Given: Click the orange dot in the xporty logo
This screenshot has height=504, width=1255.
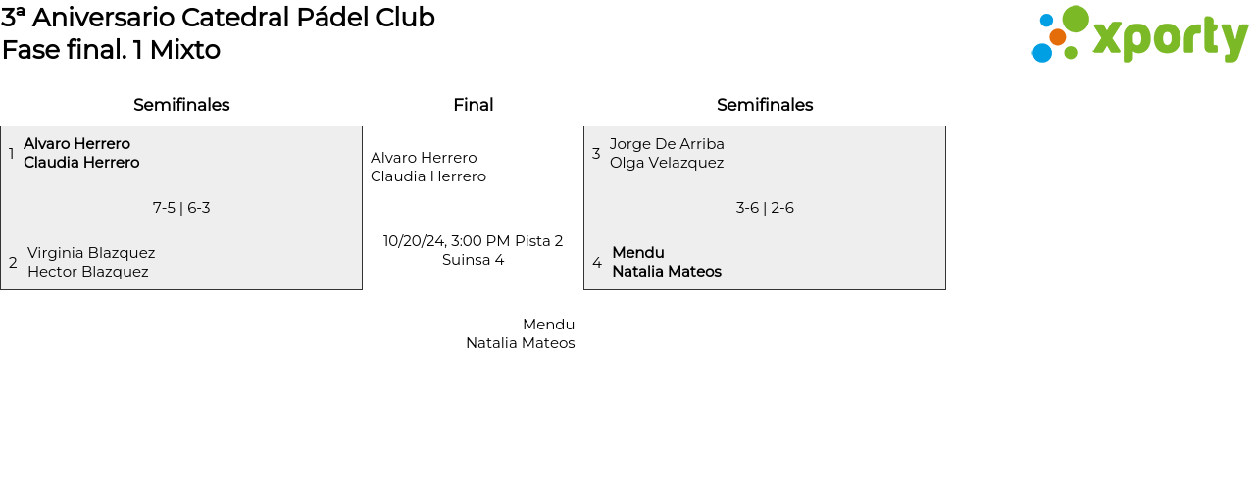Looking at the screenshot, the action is click(x=1057, y=37).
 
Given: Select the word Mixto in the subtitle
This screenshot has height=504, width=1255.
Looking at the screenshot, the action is click(x=184, y=50).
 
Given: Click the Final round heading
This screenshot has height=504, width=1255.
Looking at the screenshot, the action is click(x=473, y=105).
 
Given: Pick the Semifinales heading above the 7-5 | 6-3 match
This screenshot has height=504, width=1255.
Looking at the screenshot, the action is click(x=181, y=105).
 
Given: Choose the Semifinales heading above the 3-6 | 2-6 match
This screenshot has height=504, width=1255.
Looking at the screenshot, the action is click(x=765, y=105).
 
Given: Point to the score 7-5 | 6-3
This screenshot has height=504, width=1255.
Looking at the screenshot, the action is click(x=181, y=208).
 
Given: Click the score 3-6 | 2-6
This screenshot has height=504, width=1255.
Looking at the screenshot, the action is click(x=765, y=208).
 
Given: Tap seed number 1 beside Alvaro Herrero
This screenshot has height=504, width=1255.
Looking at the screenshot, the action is click(x=11, y=153).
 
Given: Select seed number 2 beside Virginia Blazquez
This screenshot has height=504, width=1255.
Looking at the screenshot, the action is click(x=13, y=262).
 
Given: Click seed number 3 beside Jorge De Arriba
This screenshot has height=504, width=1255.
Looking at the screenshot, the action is click(x=596, y=153).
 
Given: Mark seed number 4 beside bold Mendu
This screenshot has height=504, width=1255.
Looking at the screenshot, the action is click(x=597, y=262).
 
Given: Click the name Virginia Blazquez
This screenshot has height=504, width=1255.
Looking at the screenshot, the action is click(x=91, y=253).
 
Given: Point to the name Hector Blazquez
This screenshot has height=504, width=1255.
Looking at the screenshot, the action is click(x=88, y=272).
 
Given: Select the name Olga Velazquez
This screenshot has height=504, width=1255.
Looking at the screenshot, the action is click(x=667, y=163).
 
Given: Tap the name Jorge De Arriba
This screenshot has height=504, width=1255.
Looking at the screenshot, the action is click(x=667, y=144).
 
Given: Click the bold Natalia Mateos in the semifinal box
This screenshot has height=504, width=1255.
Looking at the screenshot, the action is click(x=667, y=272).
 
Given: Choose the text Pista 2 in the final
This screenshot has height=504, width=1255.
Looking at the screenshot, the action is click(x=538, y=241).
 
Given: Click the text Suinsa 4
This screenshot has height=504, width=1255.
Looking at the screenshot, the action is click(x=473, y=260).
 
